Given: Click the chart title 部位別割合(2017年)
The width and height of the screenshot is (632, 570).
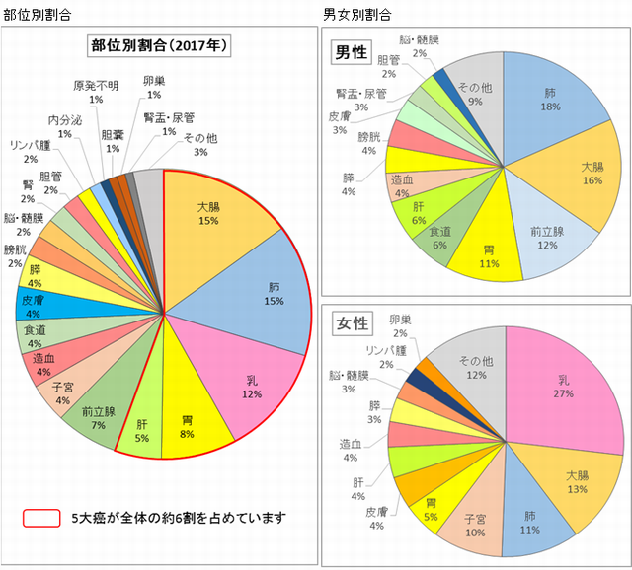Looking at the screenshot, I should (x=159, y=46).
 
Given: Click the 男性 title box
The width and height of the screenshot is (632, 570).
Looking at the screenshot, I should (x=354, y=53).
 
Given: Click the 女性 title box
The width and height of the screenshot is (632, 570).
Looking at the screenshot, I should (x=354, y=323).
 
